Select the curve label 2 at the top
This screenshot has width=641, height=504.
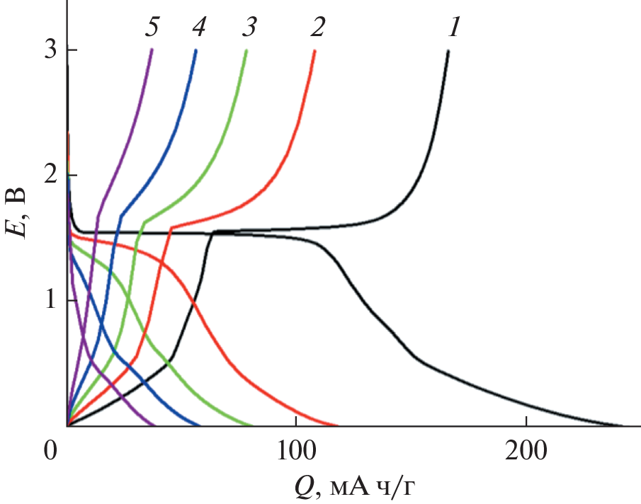[x=317, y=27]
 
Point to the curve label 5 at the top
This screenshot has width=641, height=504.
[x=152, y=27]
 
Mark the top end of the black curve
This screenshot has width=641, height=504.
[x=448, y=51]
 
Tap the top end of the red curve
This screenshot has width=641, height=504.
[x=315, y=51]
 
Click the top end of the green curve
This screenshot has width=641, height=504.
[x=246, y=51]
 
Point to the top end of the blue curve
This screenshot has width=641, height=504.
[x=196, y=51]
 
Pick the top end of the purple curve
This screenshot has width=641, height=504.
[x=152, y=51]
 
